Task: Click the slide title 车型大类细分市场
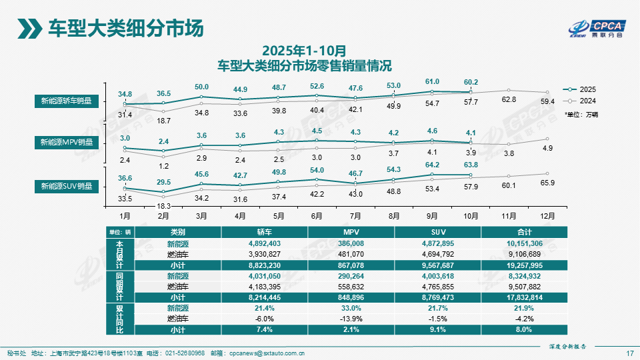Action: tap(125, 29)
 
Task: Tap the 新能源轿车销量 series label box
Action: tap(65, 101)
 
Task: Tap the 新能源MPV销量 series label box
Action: tap(65, 142)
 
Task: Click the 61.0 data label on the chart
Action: tap(432, 81)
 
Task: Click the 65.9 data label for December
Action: tap(547, 182)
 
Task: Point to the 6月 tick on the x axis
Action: tap(317, 216)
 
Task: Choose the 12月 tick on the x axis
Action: tap(547, 216)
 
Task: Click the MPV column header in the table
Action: tap(351, 232)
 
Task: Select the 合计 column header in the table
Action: tap(524, 232)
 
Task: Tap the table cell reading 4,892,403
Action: tap(265, 244)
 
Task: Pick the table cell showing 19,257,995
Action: tap(523, 264)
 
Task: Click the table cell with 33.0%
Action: tap(351, 308)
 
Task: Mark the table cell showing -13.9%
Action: tap(351, 319)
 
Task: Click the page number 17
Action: tap(630, 353)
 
